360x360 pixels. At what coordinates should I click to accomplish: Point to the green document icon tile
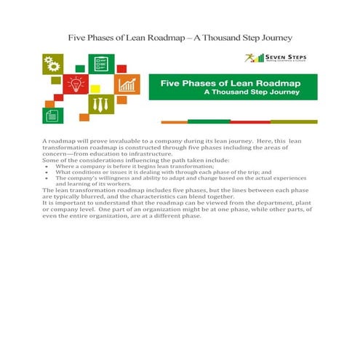point(53,113)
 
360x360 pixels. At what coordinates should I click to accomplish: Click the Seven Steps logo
point(279,58)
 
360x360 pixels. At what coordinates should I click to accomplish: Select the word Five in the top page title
point(80,36)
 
